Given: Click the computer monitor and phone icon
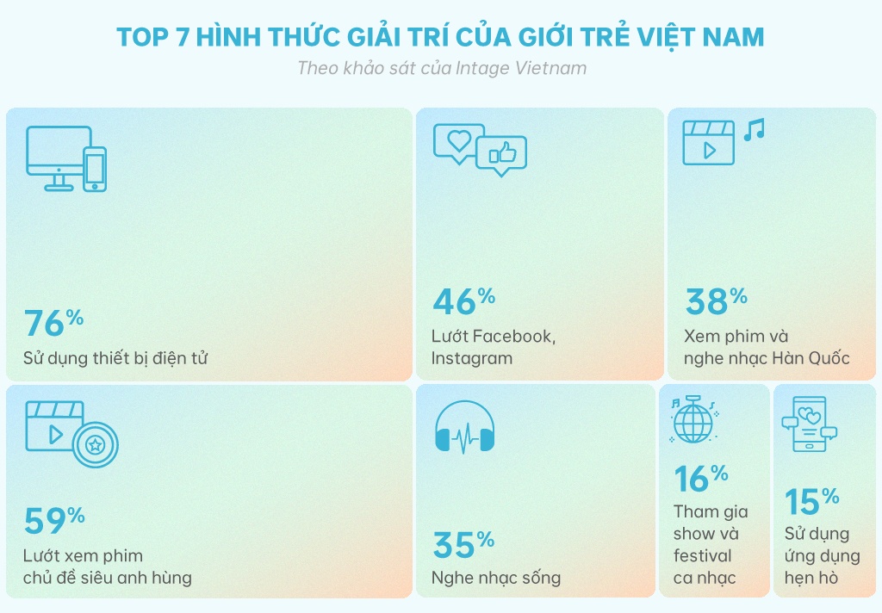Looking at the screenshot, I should pyautogui.click(x=66, y=159).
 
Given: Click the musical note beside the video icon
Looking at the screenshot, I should pyautogui.click(x=755, y=130).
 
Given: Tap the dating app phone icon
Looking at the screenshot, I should pyautogui.click(x=809, y=424).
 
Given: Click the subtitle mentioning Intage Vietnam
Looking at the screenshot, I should pyautogui.click(x=441, y=68).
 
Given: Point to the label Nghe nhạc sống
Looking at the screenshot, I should pyautogui.click(x=496, y=577).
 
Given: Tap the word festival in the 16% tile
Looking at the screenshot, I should pyautogui.click(x=702, y=555).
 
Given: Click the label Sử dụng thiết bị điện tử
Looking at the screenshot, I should pyautogui.click(x=115, y=358).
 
